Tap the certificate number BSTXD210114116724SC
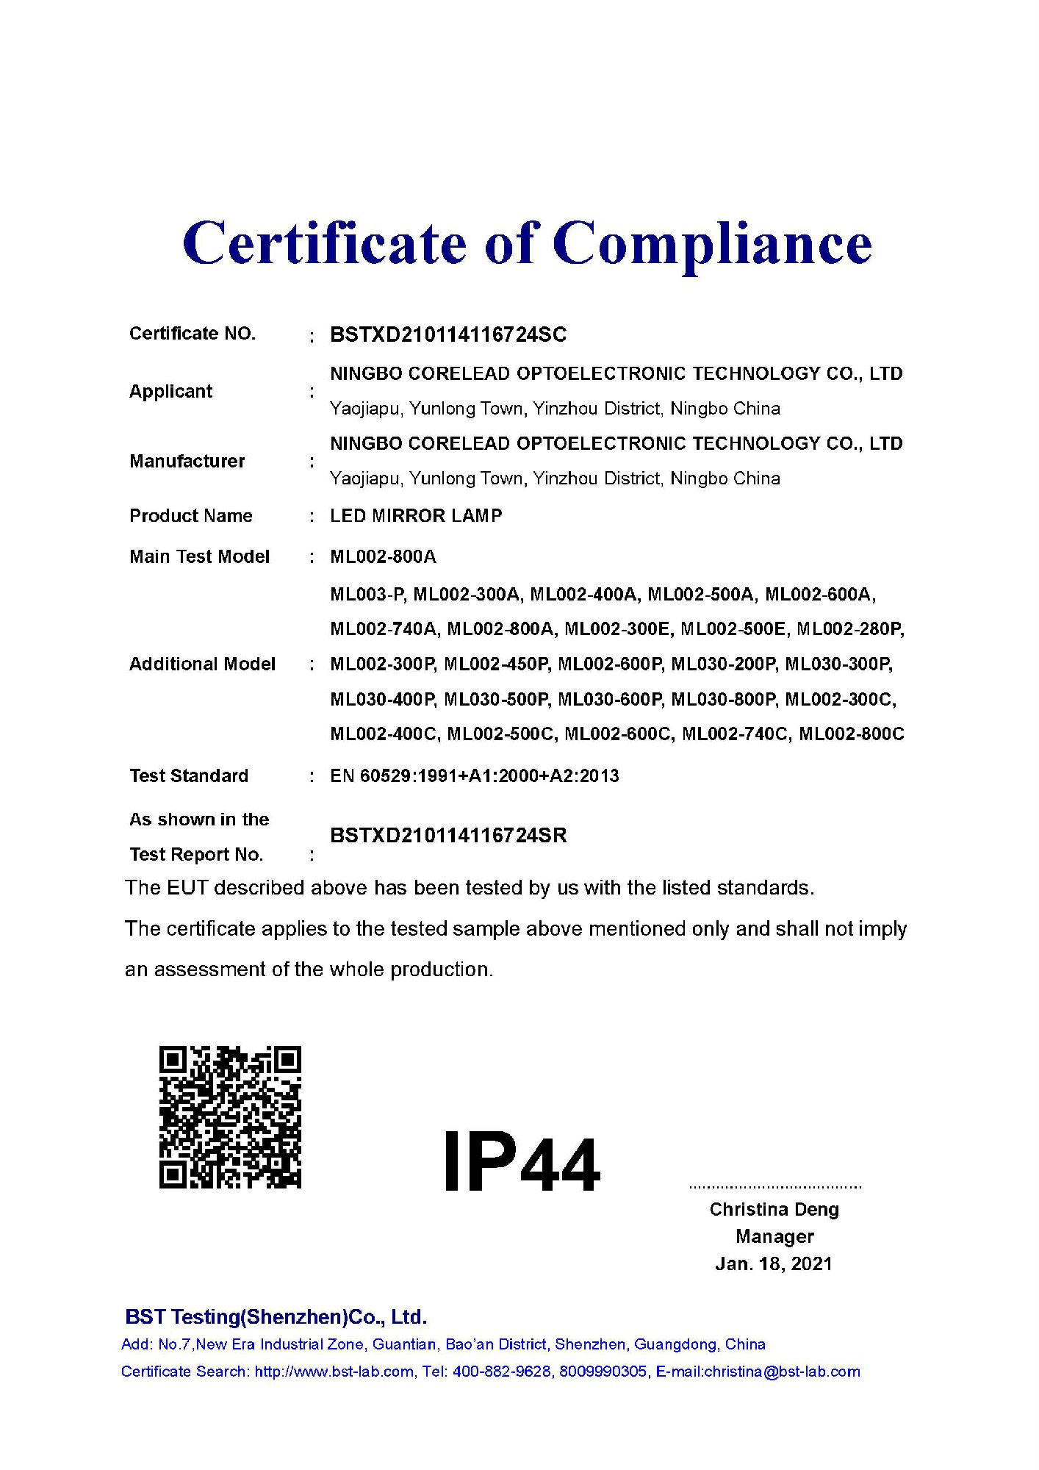(x=448, y=335)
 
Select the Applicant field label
(x=170, y=391)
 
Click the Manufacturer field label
(x=187, y=461)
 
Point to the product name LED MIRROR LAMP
(x=416, y=516)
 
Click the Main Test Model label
(x=199, y=556)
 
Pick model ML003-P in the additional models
(x=367, y=594)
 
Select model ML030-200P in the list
(x=723, y=664)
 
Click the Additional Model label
(x=202, y=664)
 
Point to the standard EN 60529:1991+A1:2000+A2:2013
(x=474, y=775)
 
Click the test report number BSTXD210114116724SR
(x=448, y=835)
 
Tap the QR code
(x=230, y=1116)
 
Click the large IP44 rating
(x=522, y=1164)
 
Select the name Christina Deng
(x=774, y=1209)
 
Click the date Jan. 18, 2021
(x=774, y=1263)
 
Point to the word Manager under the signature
(x=774, y=1236)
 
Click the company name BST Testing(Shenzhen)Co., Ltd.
(x=276, y=1316)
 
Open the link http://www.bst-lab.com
(x=334, y=1372)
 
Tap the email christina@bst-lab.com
(x=782, y=1372)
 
